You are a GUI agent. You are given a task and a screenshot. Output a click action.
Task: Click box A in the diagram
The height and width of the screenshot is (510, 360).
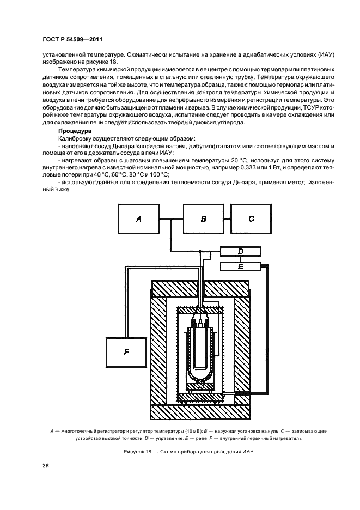click(138, 218)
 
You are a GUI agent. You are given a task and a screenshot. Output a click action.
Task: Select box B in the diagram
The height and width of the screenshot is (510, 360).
click(203, 218)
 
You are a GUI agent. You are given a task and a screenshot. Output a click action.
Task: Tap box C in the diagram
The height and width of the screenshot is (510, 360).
click(251, 218)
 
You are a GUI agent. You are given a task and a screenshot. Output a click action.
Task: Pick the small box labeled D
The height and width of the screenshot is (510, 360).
click(240, 251)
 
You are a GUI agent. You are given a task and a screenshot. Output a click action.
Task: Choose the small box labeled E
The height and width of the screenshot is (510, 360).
click(240, 266)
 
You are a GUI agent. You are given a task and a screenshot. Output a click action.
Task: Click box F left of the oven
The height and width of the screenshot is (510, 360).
click(126, 352)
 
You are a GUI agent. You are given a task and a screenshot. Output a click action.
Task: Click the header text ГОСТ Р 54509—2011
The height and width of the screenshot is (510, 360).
click(72, 40)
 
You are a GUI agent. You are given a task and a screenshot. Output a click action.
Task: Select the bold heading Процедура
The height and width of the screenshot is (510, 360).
click(74, 131)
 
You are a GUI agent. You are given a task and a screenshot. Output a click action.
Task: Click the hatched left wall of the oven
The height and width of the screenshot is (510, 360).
click(157, 349)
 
